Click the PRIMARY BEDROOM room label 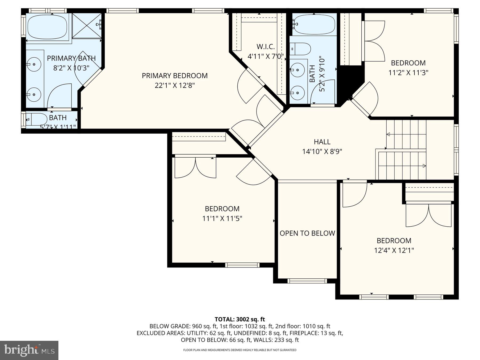(175, 76)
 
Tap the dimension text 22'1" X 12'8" (175, 86)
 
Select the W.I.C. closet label (266, 47)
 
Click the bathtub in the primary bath (47, 27)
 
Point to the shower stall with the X (87, 26)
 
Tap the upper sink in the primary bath (34, 64)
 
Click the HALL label (322, 142)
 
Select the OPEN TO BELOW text (307, 233)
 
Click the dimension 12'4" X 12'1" (394, 250)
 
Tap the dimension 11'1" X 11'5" (222, 219)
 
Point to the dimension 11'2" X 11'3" (408, 73)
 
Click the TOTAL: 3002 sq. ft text (240, 319)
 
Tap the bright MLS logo (29, 350)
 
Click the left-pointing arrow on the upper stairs (388, 134)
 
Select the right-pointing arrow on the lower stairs (424, 166)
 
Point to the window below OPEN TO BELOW (307, 281)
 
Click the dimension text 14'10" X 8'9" (322, 152)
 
